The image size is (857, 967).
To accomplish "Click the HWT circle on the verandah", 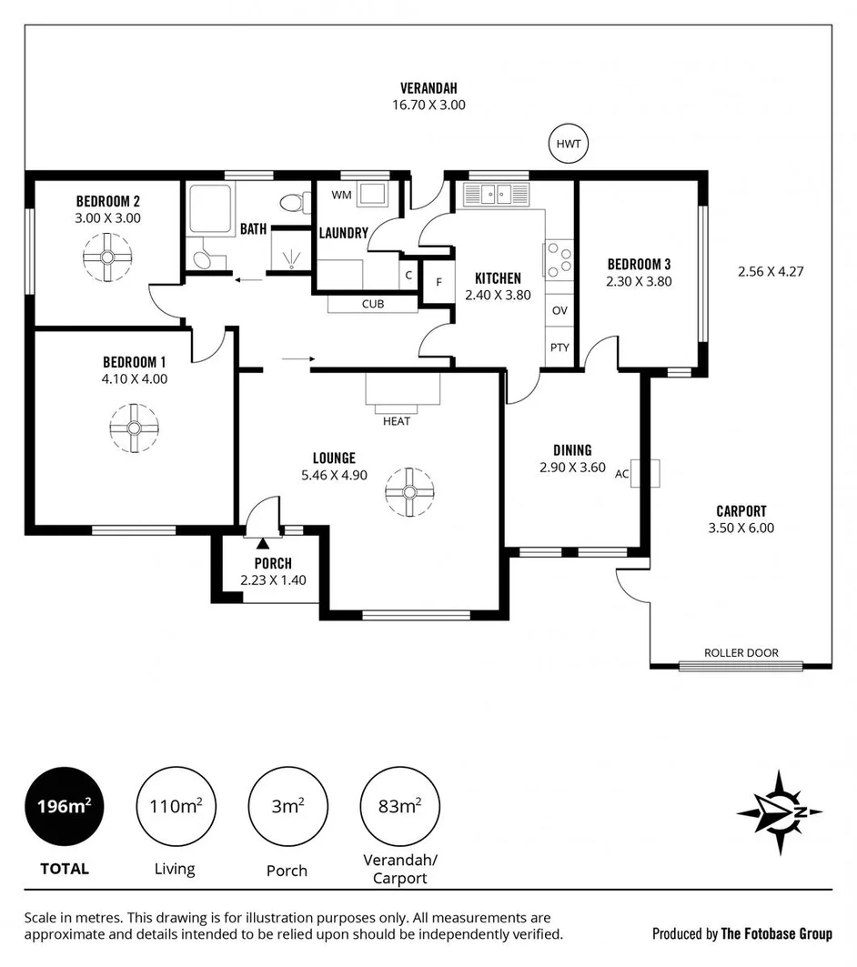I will pyautogui.click(x=570, y=144).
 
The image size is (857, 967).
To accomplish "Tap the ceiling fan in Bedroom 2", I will pyautogui.click(x=107, y=257).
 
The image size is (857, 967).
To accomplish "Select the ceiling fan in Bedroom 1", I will pyautogui.click(x=134, y=428).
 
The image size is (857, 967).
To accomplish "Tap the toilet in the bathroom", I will pyautogui.click(x=292, y=200).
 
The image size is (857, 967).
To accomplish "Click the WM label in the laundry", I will pyautogui.click(x=341, y=195).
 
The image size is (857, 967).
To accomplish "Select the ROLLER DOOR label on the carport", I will pyautogui.click(x=741, y=652).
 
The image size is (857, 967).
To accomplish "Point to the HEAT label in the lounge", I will pyautogui.click(x=397, y=421).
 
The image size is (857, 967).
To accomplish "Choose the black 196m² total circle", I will pyautogui.click(x=64, y=806).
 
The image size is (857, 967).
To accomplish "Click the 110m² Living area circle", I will pyautogui.click(x=175, y=806).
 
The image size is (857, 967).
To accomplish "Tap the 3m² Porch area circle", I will pyautogui.click(x=287, y=806).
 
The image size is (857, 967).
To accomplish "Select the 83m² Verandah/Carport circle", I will pyautogui.click(x=399, y=806).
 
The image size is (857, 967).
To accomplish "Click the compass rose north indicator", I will pyautogui.click(x=779, y=811).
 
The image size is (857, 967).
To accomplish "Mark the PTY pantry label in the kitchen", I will pyautogui.click(x=560, y=348).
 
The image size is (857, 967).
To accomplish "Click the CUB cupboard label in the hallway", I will pyautogui.click(x=372, y=304).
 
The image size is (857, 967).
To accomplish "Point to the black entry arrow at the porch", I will pyautogui.click(x=263, y=543).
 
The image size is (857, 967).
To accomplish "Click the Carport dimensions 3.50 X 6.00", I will pyautogui.click(x=741, y=528).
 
